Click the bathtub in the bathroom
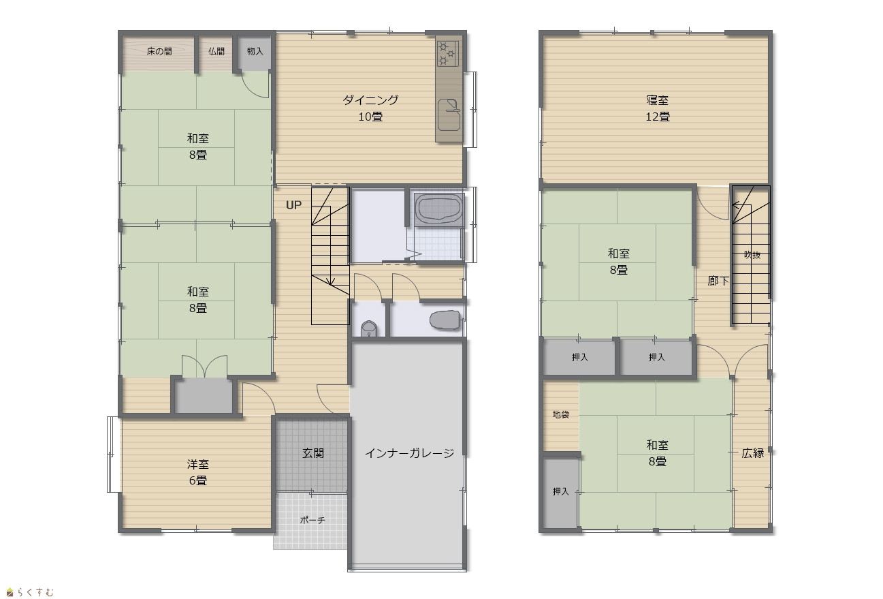pos(438,209)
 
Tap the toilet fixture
pos(445,320)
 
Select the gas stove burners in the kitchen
pos(447,53)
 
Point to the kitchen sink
pos(449,114)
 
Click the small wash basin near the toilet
pos(368,328)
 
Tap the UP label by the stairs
pos(293,205)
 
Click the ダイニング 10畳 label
pos(370,108)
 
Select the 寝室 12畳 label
pos(658,108)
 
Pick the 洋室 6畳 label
pos(197,472)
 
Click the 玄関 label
pos(313,453)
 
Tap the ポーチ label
pos(312,520)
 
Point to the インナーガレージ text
pos(409,453)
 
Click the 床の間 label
pos(159,51)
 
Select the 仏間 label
pos(216,51)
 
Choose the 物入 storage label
pos(255,51)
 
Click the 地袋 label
pos(560,414)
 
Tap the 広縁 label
pos(752,453)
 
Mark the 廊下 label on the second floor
pos(718,281)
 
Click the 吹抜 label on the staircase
pos(752,255)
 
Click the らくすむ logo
pos(31,592)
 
